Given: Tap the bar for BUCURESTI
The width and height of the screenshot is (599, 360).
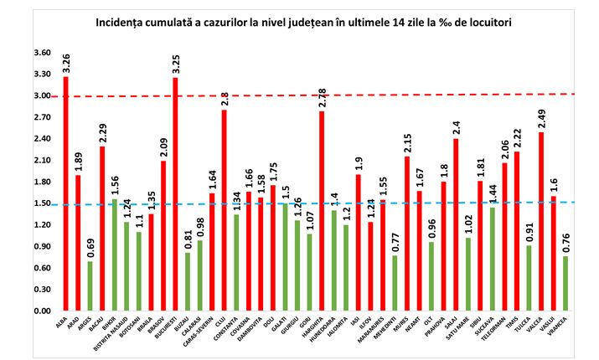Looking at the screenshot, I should [175, 194].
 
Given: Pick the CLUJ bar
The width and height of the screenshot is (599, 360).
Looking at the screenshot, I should [224, 210].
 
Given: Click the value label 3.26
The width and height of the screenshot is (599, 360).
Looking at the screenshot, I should [66, 63].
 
